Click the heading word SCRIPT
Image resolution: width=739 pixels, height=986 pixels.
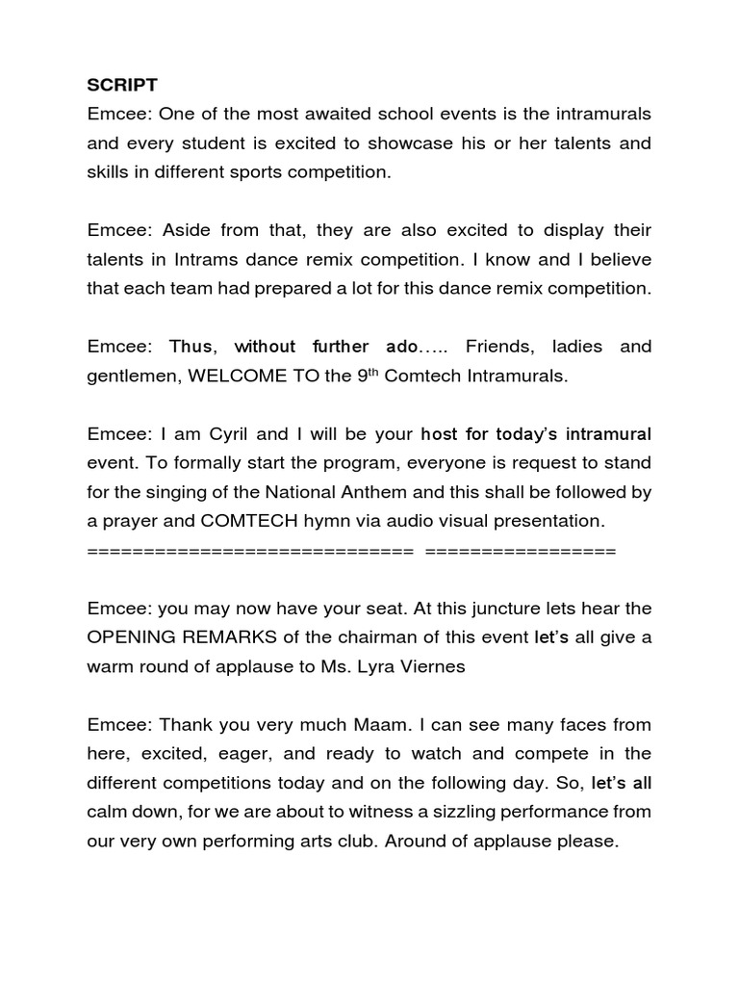coord(118,84)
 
